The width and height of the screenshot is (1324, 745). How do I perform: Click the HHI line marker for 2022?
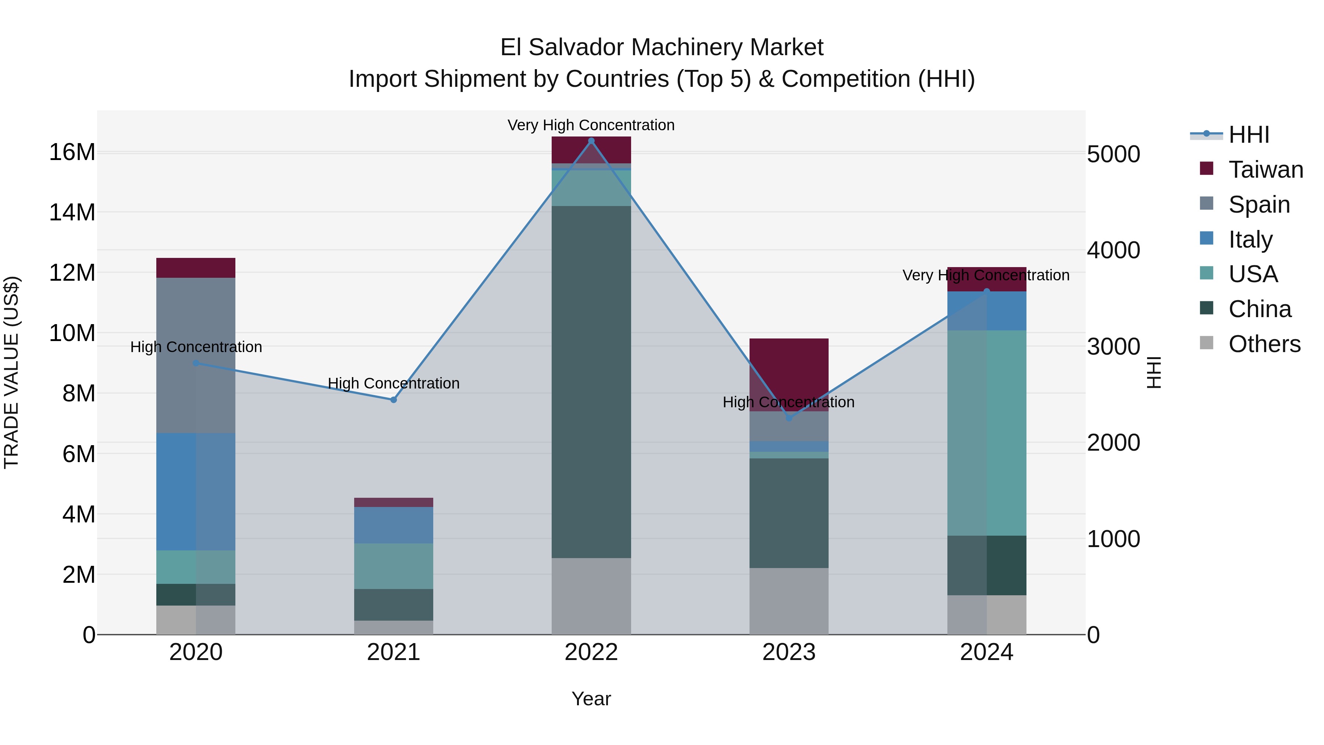(591, 141)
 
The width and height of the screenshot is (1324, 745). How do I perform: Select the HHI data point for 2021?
(394, 400)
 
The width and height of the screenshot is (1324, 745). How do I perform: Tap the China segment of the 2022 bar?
(591, 382)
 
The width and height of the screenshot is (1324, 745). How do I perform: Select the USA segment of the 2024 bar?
(986, 433)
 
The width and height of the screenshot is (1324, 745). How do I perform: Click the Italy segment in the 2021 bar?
(394, 525)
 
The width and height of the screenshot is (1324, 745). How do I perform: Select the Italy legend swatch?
(1206, 238)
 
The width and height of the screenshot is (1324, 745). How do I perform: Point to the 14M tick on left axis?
(72, 212)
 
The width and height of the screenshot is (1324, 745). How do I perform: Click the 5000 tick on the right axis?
(1113, 154)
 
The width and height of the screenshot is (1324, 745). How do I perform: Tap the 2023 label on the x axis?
(789, 652)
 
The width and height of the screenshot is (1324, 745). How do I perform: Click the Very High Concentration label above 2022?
(591, 125)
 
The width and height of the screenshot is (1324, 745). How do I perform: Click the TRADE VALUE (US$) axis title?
(11, 372)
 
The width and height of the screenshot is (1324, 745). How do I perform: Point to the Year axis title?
(591, 699)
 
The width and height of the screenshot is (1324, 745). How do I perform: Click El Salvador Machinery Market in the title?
(662, 47)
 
